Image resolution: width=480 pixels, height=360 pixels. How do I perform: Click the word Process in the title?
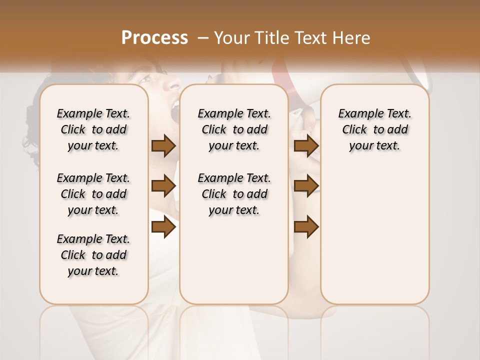click(154, 38)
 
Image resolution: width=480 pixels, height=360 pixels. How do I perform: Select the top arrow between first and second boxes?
click(163, 146)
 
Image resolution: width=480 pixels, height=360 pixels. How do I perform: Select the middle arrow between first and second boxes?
click(163, 186)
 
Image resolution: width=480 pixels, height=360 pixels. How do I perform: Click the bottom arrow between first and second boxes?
click(163, 227)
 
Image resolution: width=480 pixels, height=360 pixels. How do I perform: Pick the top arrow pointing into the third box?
click(306, 146)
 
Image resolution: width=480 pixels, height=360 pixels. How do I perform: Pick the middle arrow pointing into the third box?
click(306, 186)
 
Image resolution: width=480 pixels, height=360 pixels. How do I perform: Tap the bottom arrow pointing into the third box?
click(306, 227)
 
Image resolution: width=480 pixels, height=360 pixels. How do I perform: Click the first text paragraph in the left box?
click(93, 129)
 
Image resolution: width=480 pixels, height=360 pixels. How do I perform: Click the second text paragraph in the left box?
click(93, 194)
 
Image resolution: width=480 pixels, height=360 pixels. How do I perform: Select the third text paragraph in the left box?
click(93, 255)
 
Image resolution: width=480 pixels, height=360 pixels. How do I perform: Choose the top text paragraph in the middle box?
click(234, 129)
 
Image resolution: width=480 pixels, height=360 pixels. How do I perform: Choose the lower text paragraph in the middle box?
click(234, 194)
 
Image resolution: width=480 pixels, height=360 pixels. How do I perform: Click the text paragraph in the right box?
click(374, 129)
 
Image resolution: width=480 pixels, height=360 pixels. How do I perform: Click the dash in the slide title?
click(202, 38)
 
